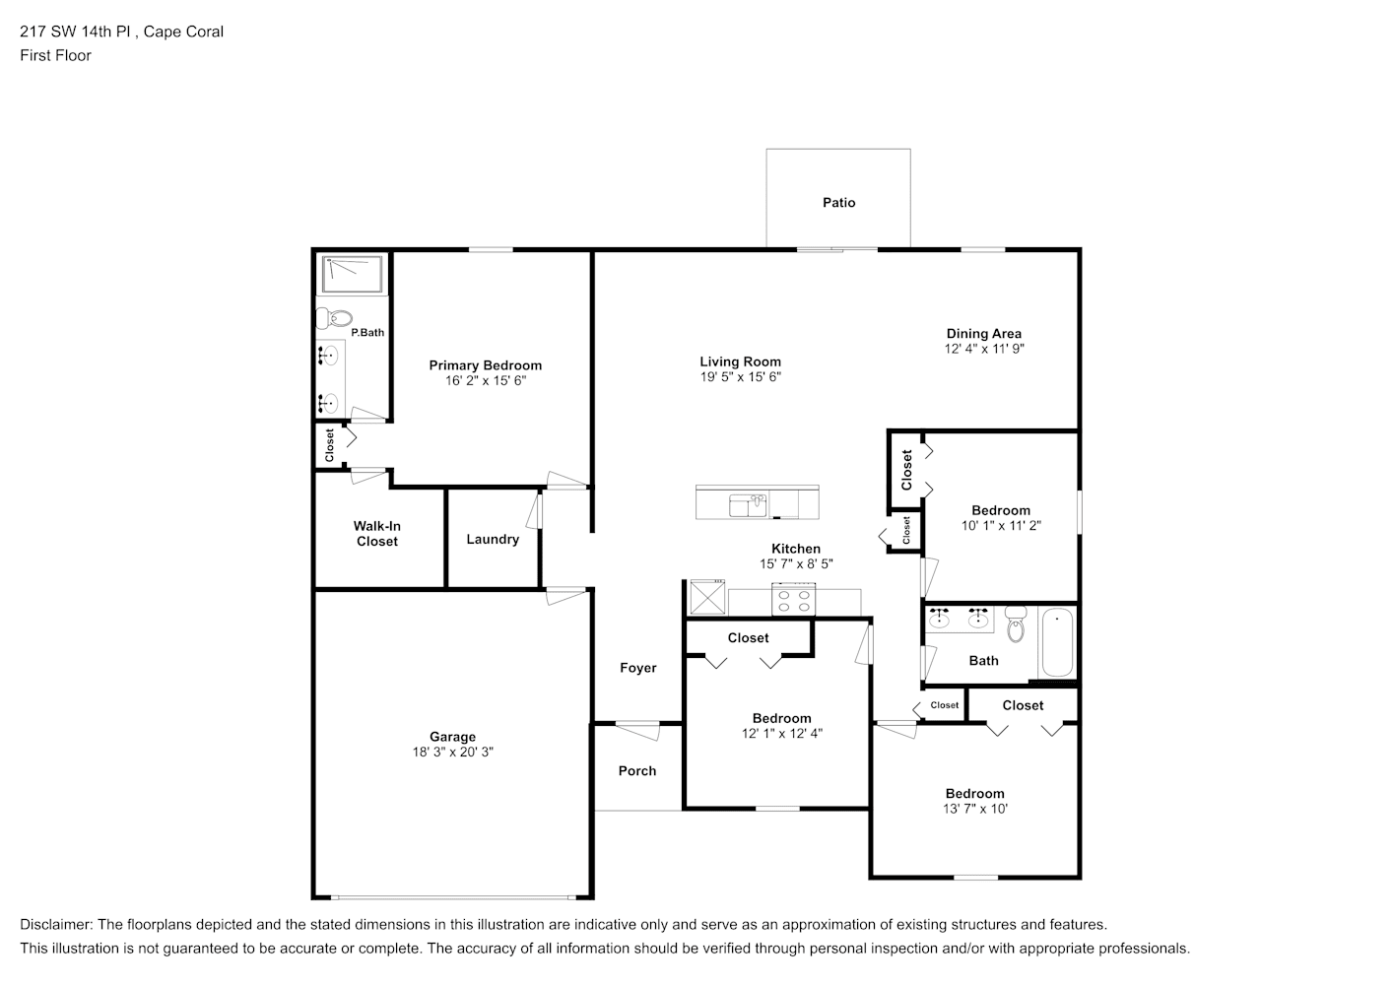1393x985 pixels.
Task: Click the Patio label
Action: pos(838,203)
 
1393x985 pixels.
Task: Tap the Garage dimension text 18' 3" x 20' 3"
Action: pos(452,752)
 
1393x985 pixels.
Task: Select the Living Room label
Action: pos(740,361)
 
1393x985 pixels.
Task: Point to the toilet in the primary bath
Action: pos(335,318)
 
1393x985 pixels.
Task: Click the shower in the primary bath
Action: pos(352,274)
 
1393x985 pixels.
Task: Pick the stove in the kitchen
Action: pos(793,599)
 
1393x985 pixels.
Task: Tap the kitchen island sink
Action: pos(748,505)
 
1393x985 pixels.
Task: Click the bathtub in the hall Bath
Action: pos(1057,642)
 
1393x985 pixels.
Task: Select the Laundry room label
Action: pos(493,539)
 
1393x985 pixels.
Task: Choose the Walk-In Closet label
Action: pos(377,534)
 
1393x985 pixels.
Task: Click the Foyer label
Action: pos(638,668)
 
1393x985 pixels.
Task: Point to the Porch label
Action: pos(636,771)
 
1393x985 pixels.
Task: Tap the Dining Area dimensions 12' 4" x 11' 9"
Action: pos(984,349)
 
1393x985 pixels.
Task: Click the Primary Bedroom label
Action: pos(485,365)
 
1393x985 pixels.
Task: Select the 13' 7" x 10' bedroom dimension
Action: pos(974,809)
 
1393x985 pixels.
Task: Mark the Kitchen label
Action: pos(796,549)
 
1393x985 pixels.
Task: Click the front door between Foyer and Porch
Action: pos(637,730)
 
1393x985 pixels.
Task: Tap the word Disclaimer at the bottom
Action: pos(56,924)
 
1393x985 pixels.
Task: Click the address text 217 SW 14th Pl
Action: pos(75,32)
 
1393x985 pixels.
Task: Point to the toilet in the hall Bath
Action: pos(1016,624)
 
